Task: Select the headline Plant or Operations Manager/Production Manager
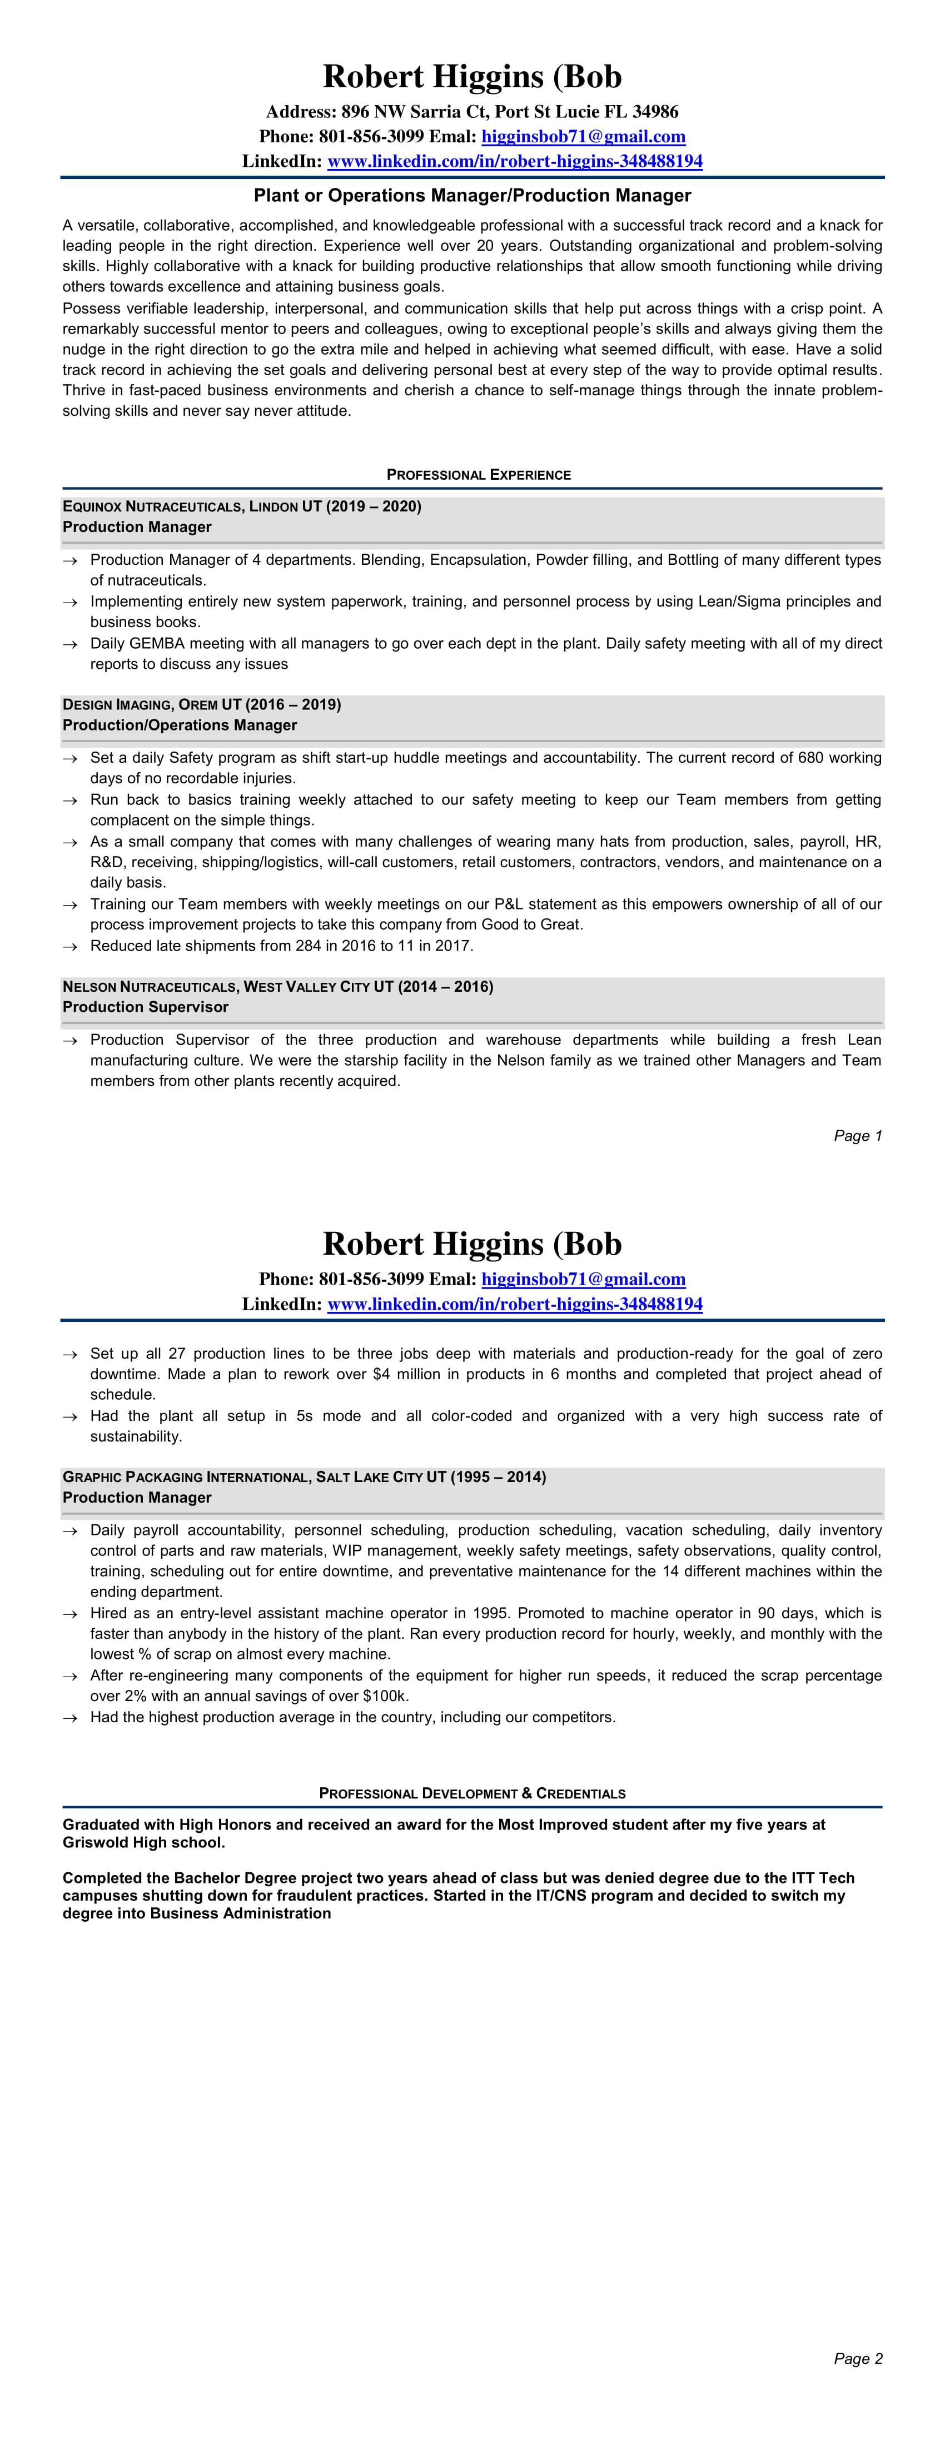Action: tap(472, 196)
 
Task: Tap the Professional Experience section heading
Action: tap(479, 475)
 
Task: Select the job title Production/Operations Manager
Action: tap(180, 725)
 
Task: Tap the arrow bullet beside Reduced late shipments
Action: tap(69, 947)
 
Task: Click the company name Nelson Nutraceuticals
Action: tap(150, 987)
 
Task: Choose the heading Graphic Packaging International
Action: tap(185, 1478)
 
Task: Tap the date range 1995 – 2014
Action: tap(498, 1478)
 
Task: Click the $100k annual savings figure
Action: tap(385, 1696)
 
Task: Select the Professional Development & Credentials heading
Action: tap(472, 1794)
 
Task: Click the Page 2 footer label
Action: tap(858, 2359)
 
